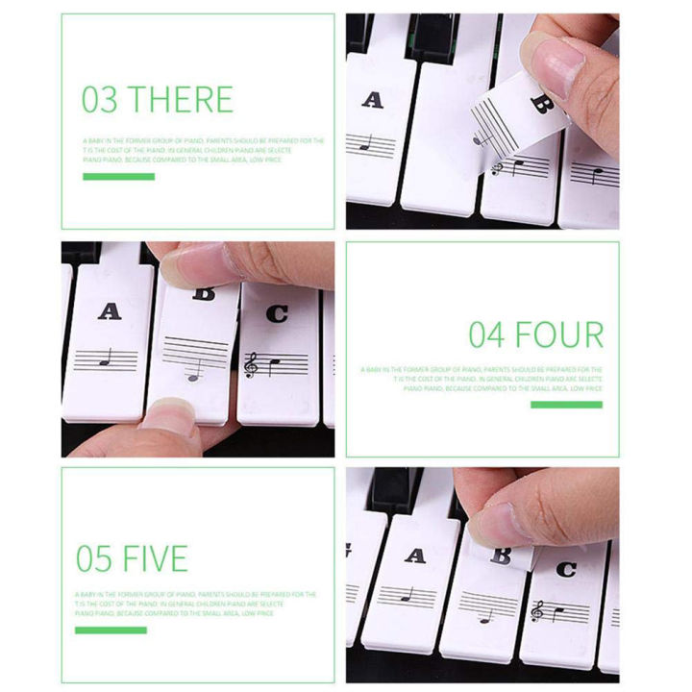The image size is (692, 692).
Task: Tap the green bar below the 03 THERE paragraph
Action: [118, 177]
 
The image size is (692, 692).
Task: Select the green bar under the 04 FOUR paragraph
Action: [566, 405]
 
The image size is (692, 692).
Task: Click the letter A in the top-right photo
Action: [372, 100]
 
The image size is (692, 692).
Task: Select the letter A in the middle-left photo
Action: [111, 310]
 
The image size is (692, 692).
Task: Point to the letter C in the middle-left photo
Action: [277, 312]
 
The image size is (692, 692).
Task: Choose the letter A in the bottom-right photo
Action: [414, 555]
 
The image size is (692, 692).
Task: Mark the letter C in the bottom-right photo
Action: [566, 569]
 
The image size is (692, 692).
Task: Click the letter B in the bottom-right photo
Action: [501, 555]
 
